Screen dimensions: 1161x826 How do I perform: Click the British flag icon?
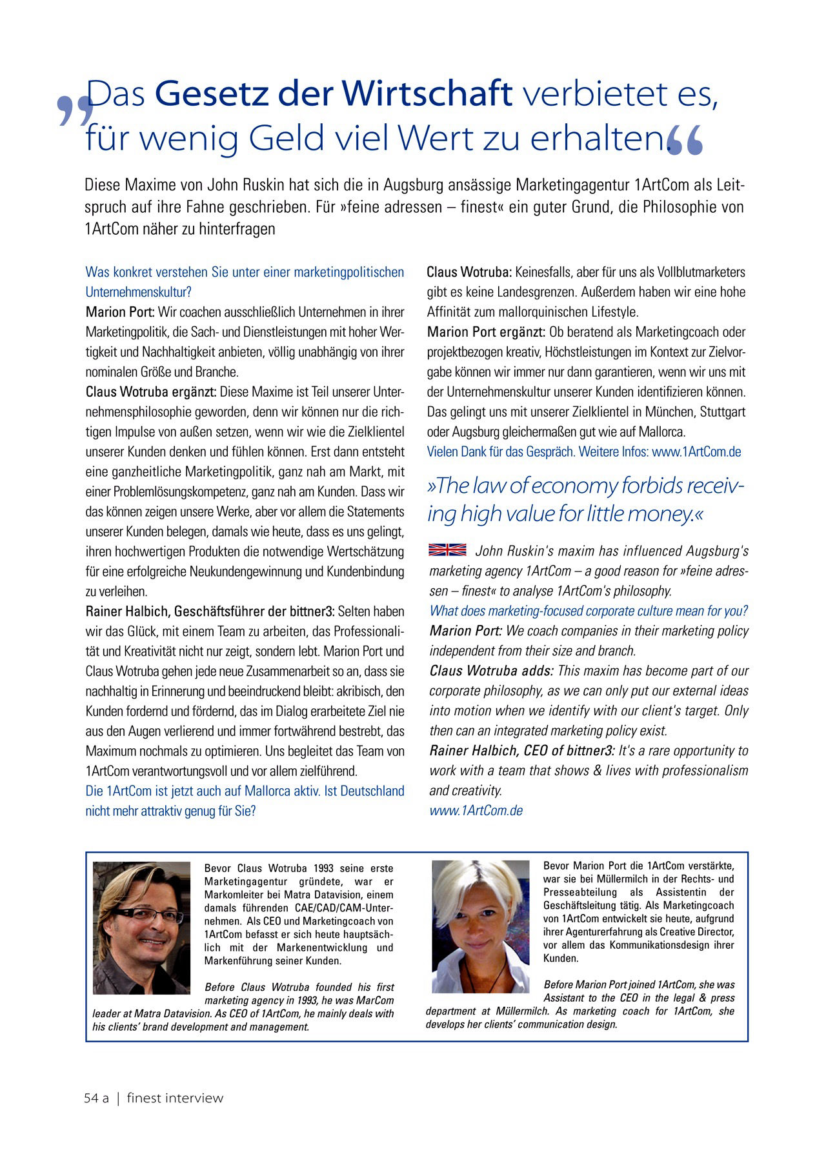pyautogui.click(x=447, y=550)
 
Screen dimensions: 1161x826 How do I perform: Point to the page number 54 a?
pyautogui.click(x=96, y=1098)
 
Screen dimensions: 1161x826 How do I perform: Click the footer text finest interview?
pyautogui.click(x=175, y=1098)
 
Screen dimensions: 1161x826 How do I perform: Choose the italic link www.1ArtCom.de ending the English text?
pyautogui.click(x=476, y=810)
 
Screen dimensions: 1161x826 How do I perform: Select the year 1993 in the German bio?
pyautogui.click(x=323, y=869)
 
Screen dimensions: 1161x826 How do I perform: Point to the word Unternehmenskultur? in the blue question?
pyautogui.click(x=139, y=292)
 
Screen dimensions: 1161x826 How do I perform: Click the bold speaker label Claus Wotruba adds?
pyautogui.click(x=491, y=671)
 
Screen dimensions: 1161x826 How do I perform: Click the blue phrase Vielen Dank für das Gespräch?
pyautogui.click(x=501, y=451)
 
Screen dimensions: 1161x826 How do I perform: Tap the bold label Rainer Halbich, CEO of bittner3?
pyautogui.click(x=522, y=751)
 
